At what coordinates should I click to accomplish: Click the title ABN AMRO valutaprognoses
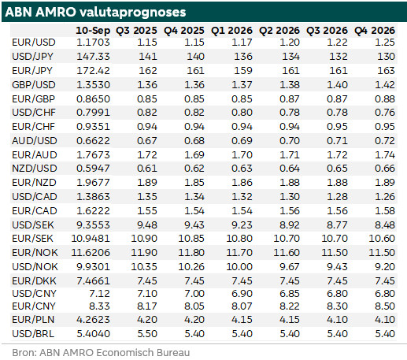tap(95, 12)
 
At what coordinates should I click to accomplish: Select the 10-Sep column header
tap(93, 31)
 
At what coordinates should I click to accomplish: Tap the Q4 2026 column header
tap(375, 31)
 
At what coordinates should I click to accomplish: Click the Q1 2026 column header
tap(231, 31)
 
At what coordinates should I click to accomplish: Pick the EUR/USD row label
tap(34, 43)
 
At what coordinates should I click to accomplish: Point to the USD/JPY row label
tap(32, 57)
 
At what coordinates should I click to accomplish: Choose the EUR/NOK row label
tap(35, 253)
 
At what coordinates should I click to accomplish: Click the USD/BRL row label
tap(33, 334)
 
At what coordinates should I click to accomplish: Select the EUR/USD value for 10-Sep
tap(93, 43)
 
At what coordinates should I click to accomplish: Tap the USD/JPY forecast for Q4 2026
tap(386, 57)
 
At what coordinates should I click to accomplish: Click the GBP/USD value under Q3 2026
tap(337, 85)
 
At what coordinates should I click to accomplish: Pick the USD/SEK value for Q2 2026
tap(290, 225)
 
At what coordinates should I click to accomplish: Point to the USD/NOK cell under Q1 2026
tap(239, 267)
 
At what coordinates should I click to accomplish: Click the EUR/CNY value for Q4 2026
tap(385, 306)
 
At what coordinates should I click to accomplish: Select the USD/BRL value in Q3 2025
tap(147, 334)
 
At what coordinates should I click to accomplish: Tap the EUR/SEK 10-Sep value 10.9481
tap(91, 239)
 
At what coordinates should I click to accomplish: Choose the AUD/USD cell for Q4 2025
tap(194, 141)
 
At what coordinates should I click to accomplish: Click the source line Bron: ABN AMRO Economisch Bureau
tap(101, 353)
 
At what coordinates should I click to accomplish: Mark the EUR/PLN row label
tap(33, 320)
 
